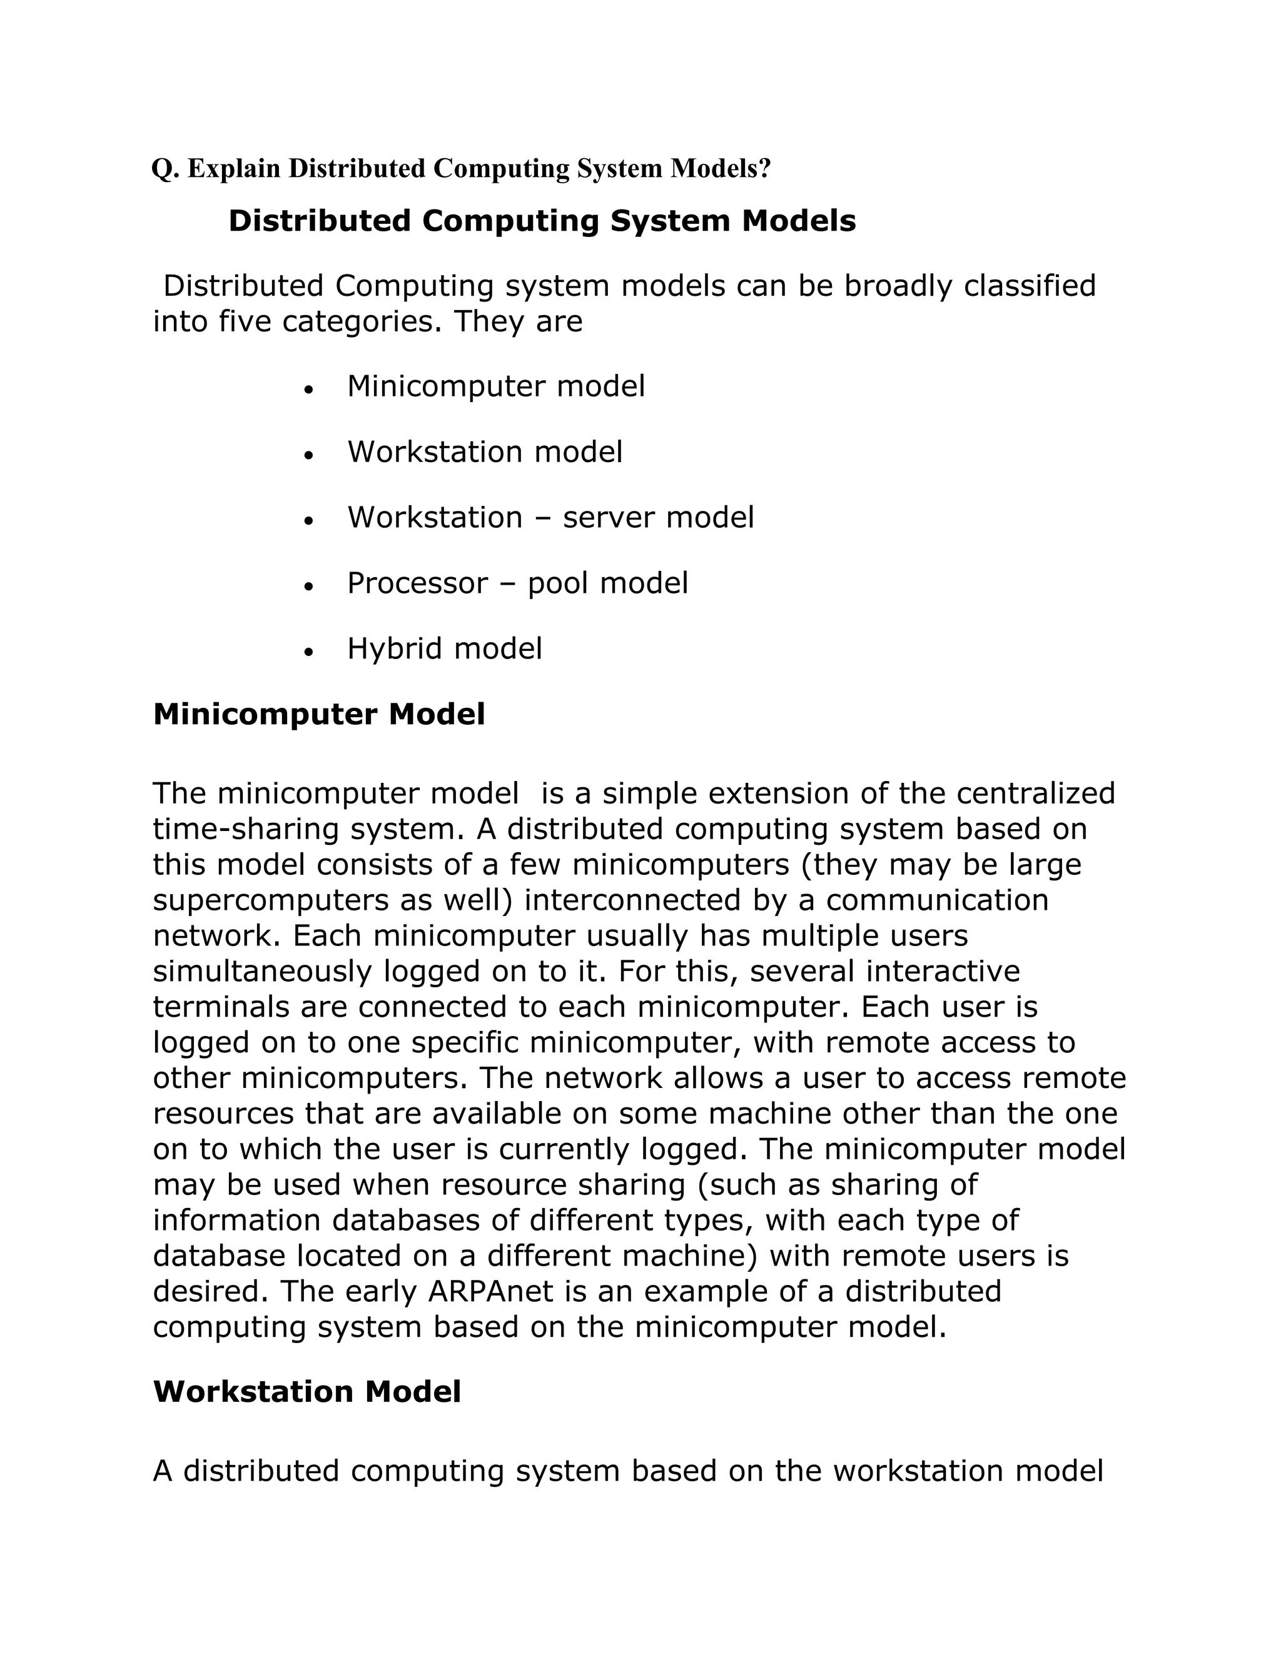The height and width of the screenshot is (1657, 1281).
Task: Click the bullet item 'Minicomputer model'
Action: (x=495, y=387)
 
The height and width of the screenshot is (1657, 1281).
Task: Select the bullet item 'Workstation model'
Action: (x=484, y=453)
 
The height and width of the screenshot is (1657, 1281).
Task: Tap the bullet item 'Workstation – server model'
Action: (x=550, y=518)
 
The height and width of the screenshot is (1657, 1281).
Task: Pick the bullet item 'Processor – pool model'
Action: (x=517, y=584)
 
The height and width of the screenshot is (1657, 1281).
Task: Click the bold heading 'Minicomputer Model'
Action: (x=319, y=715)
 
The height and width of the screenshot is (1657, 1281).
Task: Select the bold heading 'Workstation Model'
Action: (x=306, y=1391)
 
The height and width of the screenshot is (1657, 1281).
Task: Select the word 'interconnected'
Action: (x=631, y=900)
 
